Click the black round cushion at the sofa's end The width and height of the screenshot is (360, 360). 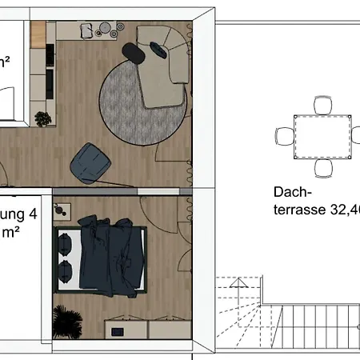(134, 52)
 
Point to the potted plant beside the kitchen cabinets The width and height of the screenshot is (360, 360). (43, 118)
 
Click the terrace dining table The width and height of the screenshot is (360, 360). (323, 137)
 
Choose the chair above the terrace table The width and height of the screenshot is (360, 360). (323, 105)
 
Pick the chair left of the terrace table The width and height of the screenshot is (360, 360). (283, 137)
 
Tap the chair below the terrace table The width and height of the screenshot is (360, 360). (323, 168)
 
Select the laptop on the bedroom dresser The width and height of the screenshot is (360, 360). (118, 330)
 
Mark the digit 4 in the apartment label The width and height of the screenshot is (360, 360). (32, 214)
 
